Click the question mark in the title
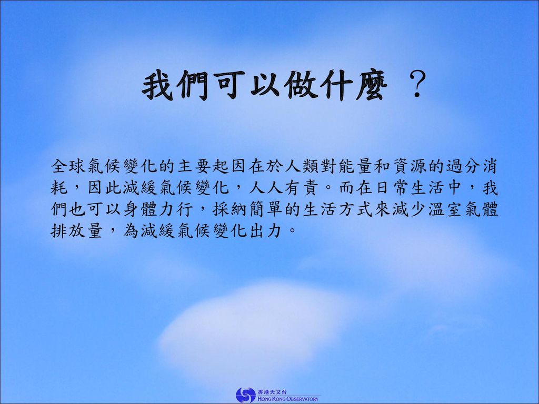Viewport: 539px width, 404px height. (x=417, y=85)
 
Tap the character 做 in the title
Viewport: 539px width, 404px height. (x=301, y=85)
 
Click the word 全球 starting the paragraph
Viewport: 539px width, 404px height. (x=68, y=166)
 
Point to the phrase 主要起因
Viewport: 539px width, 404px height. (x=212, y=166)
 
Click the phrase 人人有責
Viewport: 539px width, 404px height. (x=284, y=188)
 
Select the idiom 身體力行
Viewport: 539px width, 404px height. (x=158, y=209)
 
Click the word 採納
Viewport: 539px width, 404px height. (x=229, y=209)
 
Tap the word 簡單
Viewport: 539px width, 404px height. (x=266, y=209)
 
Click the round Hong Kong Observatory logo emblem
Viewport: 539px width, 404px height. (x=246, y=395)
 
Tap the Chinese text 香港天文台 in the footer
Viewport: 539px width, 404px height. (x=272, y=391)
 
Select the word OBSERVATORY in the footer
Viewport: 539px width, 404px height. (x=302, y=399)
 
